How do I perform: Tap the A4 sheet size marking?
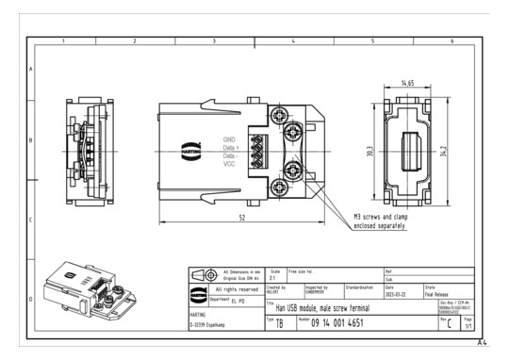(x=483, y=343)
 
